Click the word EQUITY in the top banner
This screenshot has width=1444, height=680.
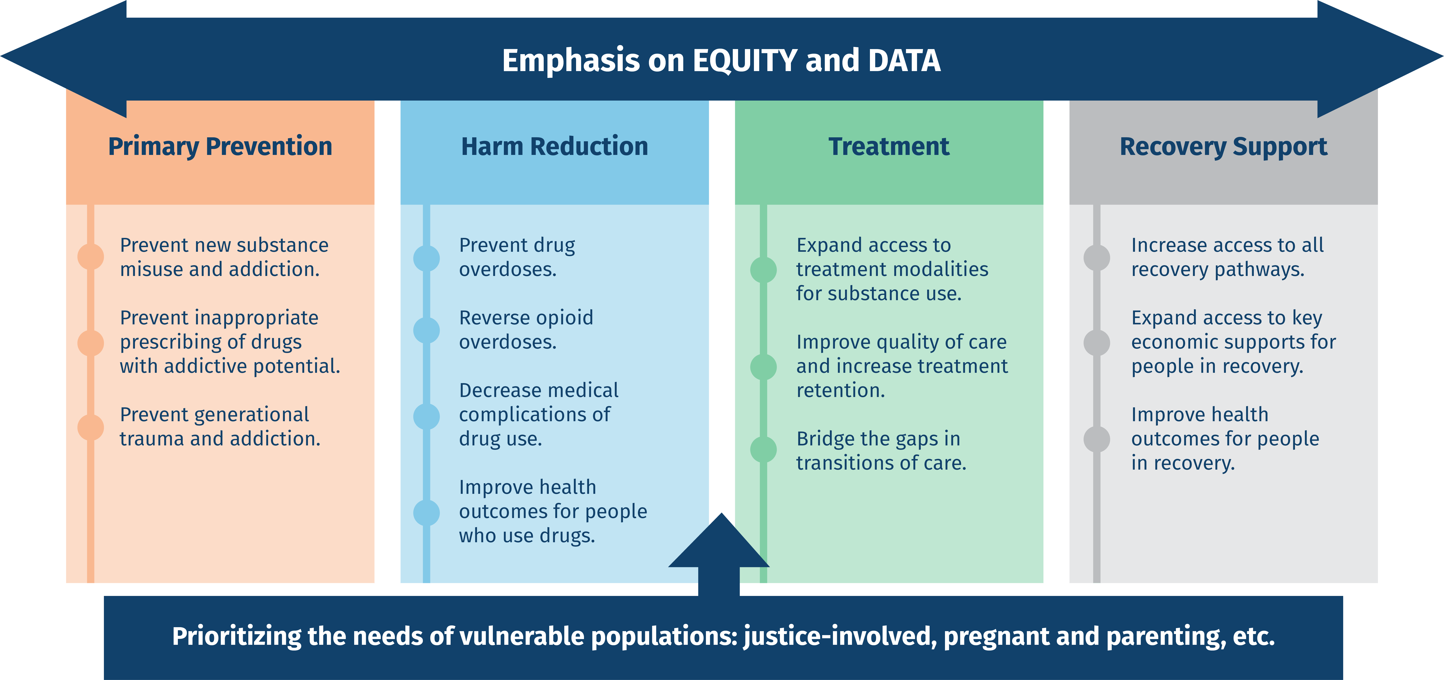(x=744, y=61)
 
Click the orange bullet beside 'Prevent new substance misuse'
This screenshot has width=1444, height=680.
(x=90, y=257)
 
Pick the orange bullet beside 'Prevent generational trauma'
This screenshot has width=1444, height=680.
(x=90, y=427)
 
